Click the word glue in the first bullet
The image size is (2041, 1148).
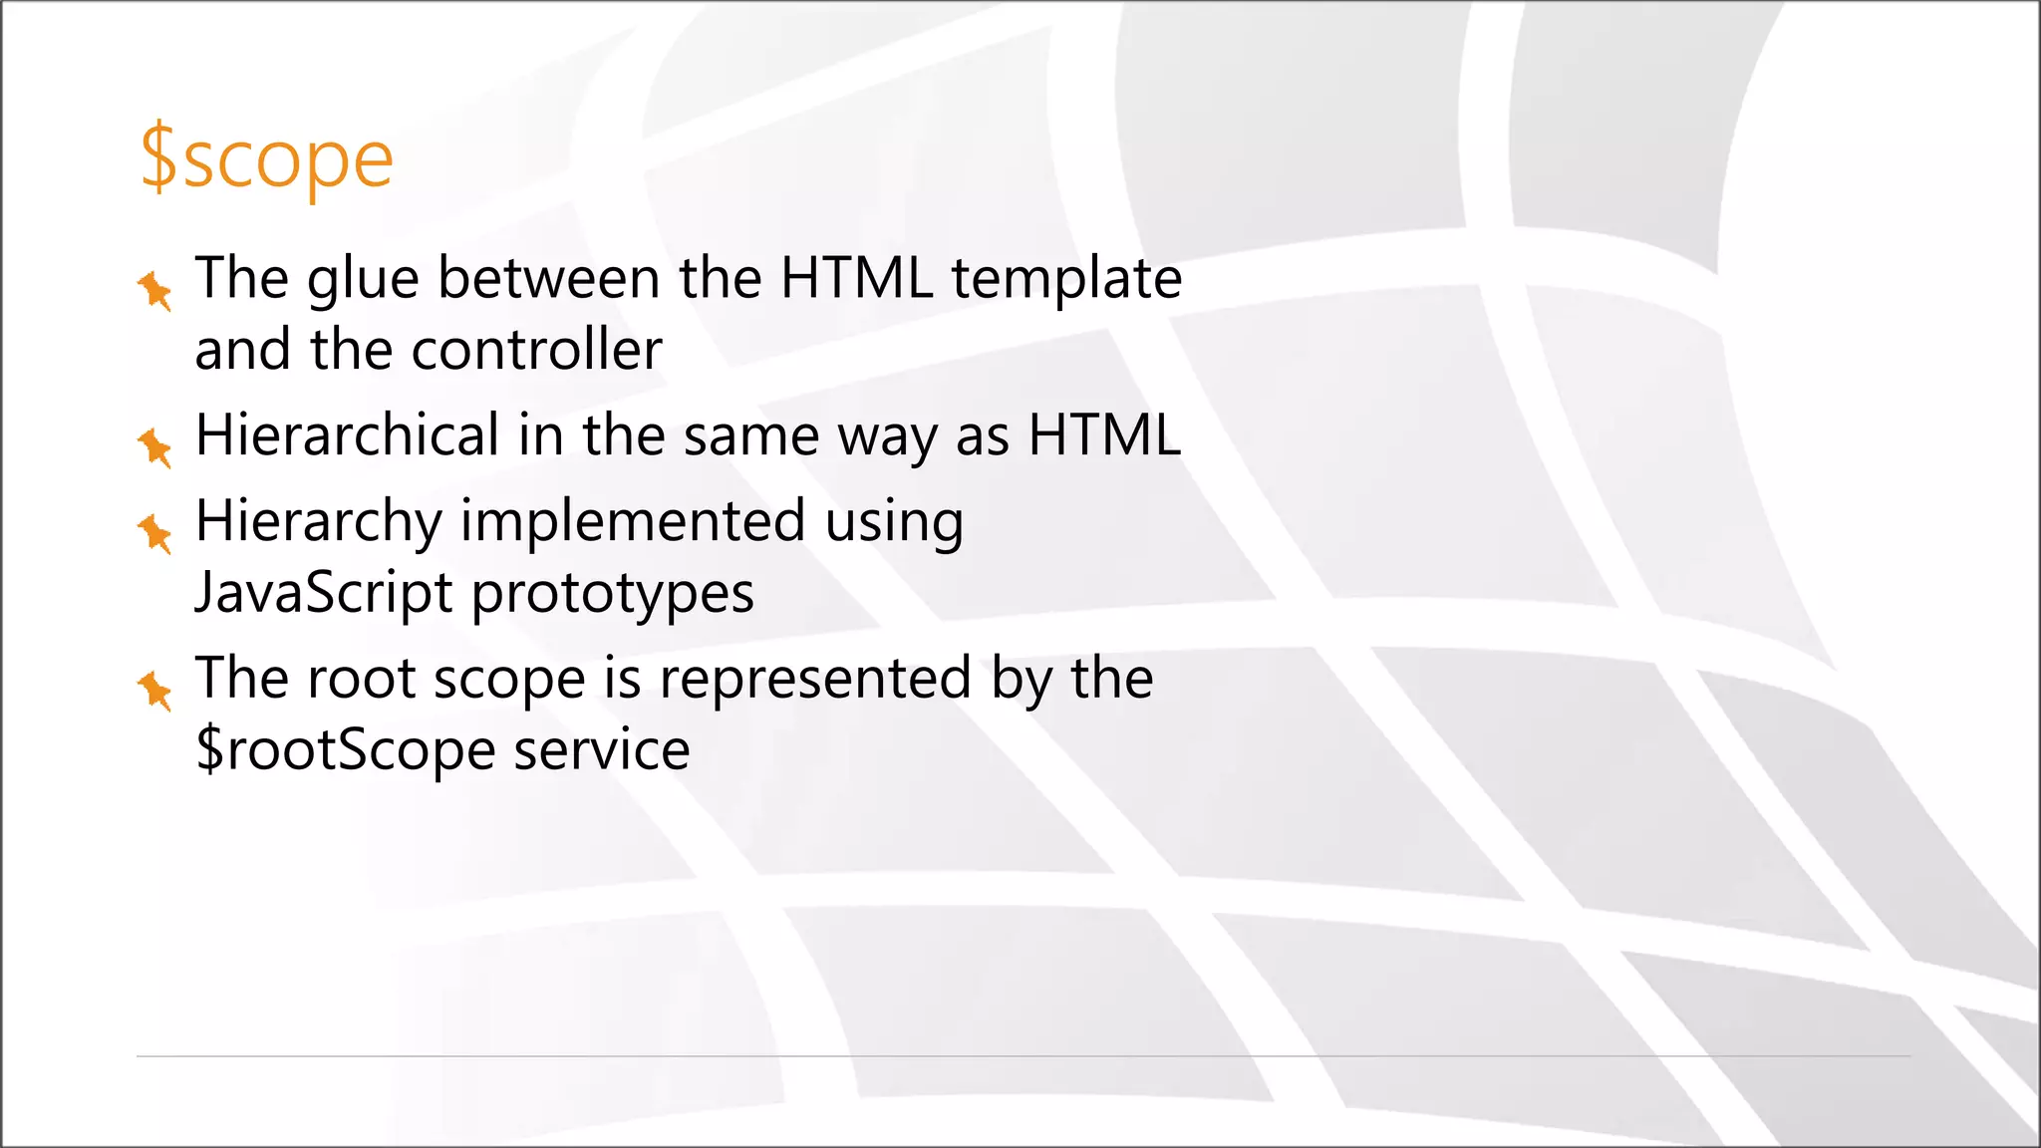pos(363,279)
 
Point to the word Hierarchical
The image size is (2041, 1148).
pos(347,435)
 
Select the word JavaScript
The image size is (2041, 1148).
pos(324,594)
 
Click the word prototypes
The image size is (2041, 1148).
pos(612,595)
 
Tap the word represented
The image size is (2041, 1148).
pos(814,679)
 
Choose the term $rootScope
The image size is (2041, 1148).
pos(345,750)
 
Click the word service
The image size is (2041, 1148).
pos(601,750)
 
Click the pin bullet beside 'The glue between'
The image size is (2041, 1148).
pos(155,290)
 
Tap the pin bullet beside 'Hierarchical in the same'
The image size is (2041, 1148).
pos(155,446)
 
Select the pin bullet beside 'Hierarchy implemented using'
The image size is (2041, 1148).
pos(155,533)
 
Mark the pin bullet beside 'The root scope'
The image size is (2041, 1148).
pos(155,691)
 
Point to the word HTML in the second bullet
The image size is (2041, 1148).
pos(1104,435)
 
